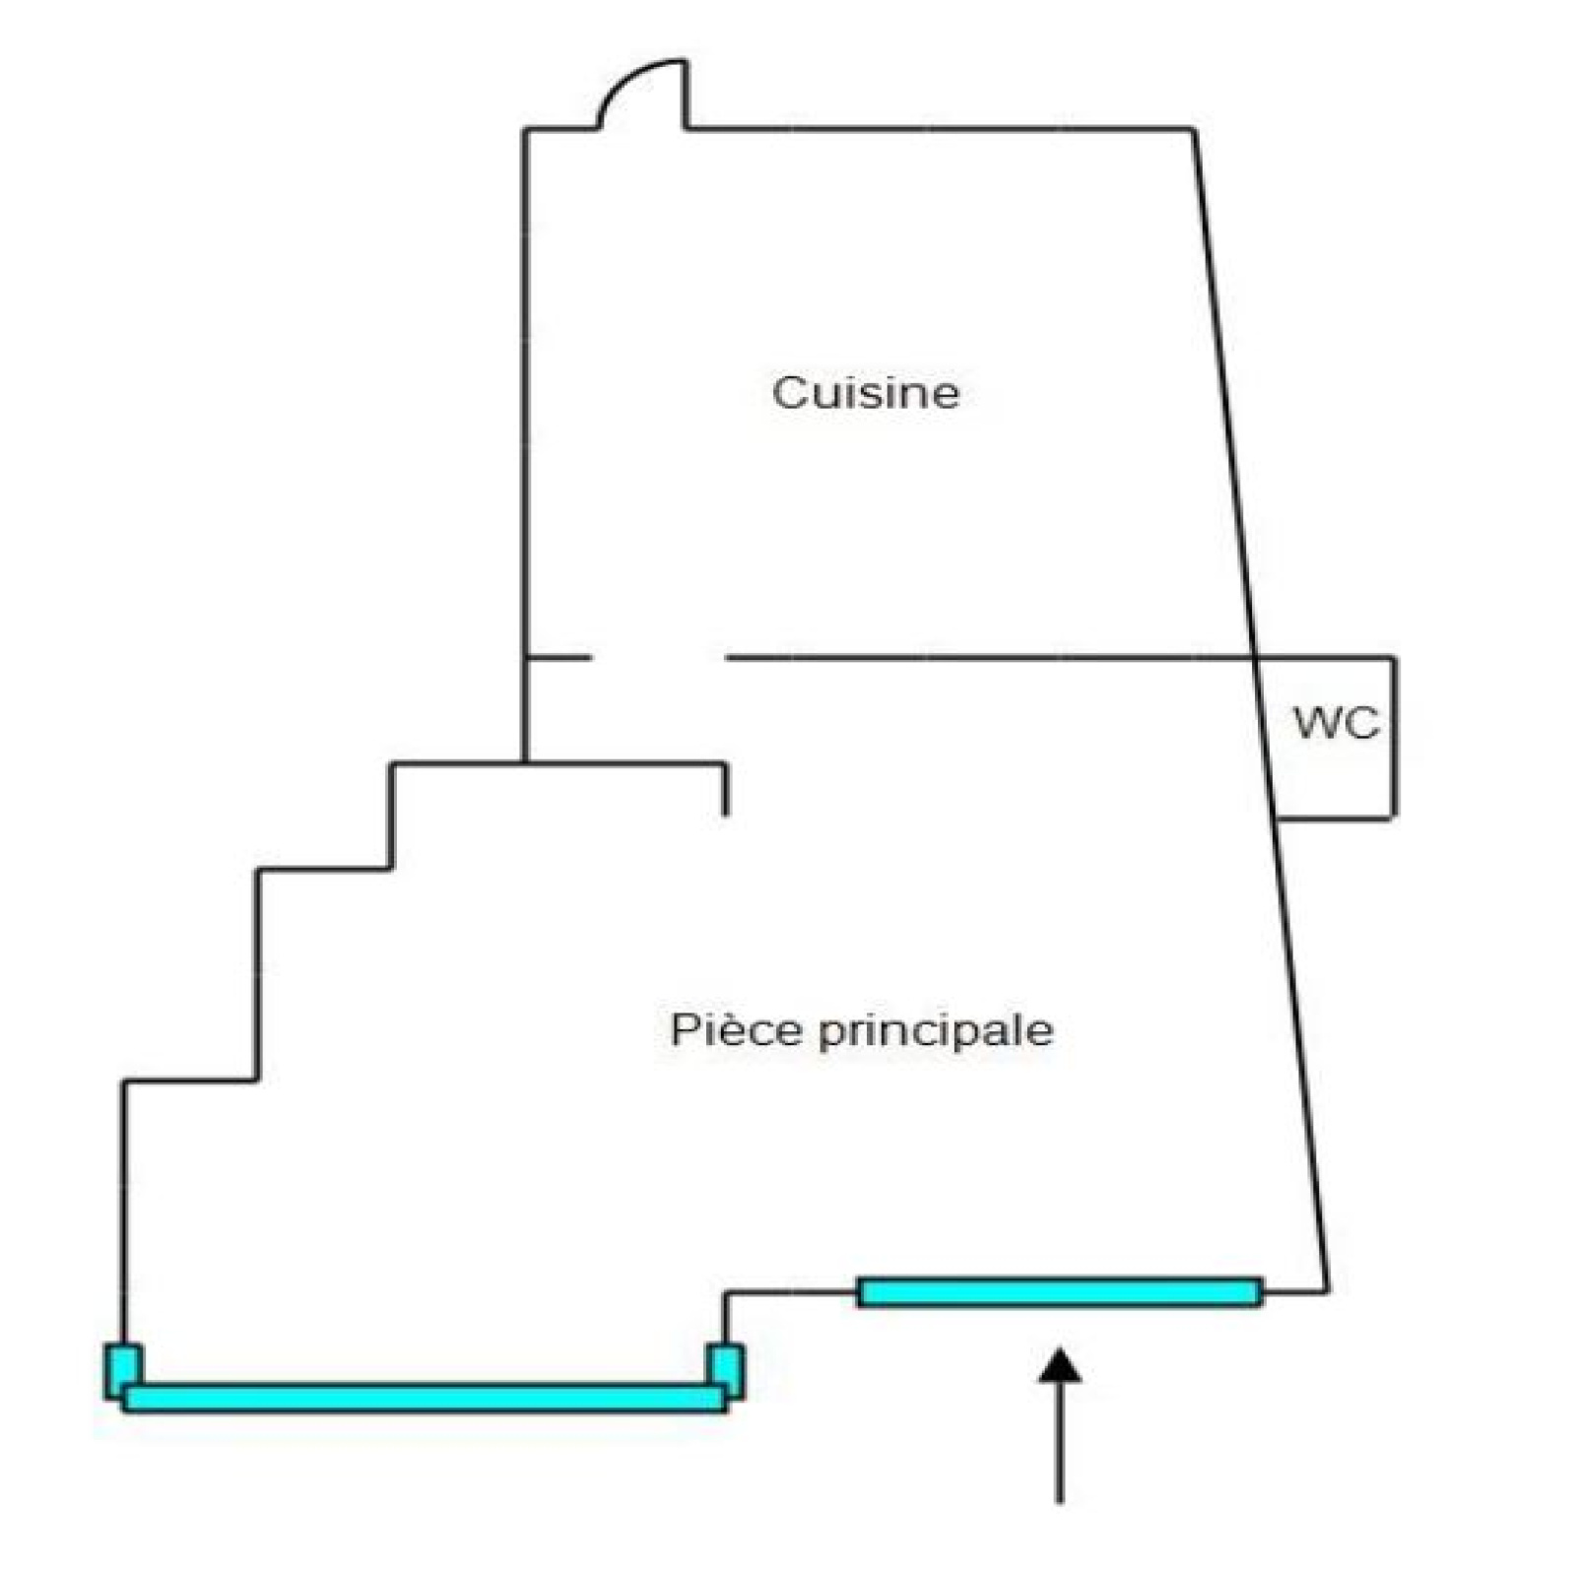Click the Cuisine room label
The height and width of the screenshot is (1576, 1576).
[x=865, y=392]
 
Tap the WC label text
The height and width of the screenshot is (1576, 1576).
[x=1336, y=723]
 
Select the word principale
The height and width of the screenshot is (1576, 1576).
[x=936, y=1031]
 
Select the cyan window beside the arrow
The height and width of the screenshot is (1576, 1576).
[x=1060, y=1291]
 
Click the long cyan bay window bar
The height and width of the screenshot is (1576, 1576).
[x=424, y=1398]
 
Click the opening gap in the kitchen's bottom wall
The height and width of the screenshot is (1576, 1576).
[x=658, y=657]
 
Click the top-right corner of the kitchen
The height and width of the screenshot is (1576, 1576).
[x=1194, y=129]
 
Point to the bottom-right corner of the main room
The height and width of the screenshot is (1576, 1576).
[x=1327, y=1289]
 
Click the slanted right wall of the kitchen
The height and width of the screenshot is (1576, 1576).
[x=1221, y=394]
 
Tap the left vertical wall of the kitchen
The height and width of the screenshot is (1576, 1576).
[x=525, y=394]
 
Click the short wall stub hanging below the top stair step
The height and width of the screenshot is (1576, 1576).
[x=726, y=789]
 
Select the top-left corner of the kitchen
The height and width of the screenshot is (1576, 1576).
[x=525, y=129]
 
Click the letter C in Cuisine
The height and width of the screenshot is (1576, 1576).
[x=788, y=392]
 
